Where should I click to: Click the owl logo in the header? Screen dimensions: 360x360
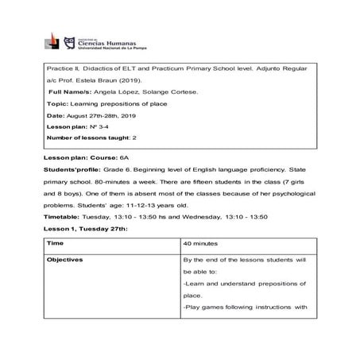[x=69, y=41]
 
